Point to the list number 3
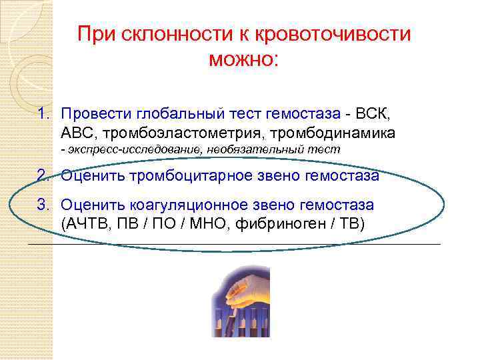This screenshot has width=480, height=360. tap(43, 205)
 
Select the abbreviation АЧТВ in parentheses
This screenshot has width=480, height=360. tap(87, 223)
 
